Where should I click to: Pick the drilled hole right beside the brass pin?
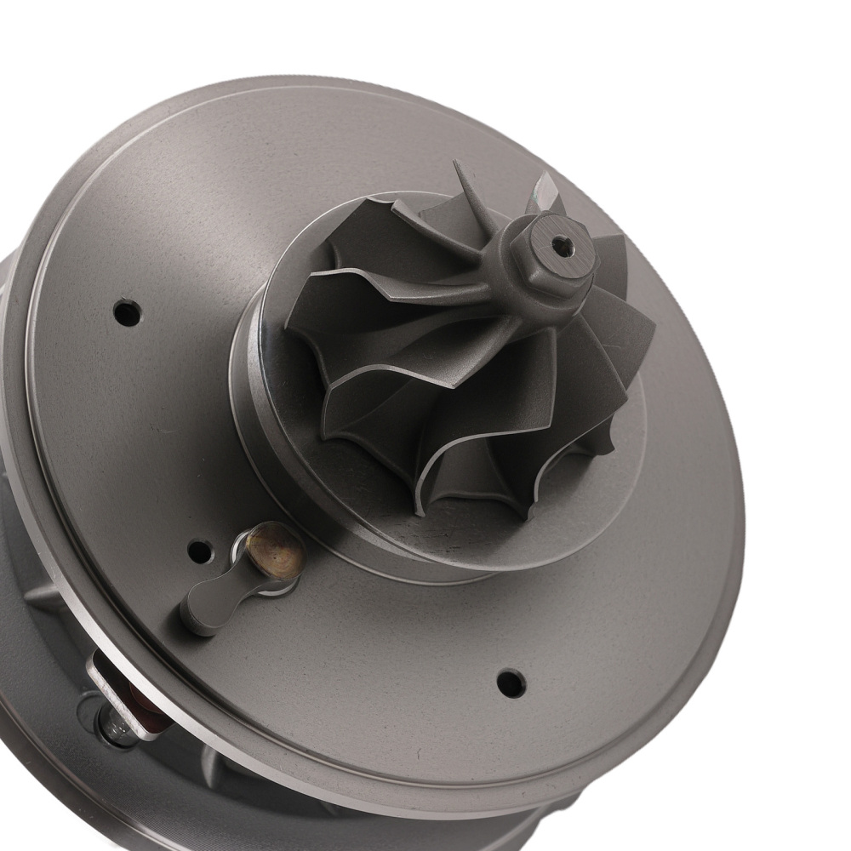click(199, 551)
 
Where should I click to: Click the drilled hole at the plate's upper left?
click(127, 313)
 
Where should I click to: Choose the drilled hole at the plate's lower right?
click(511, 683)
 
